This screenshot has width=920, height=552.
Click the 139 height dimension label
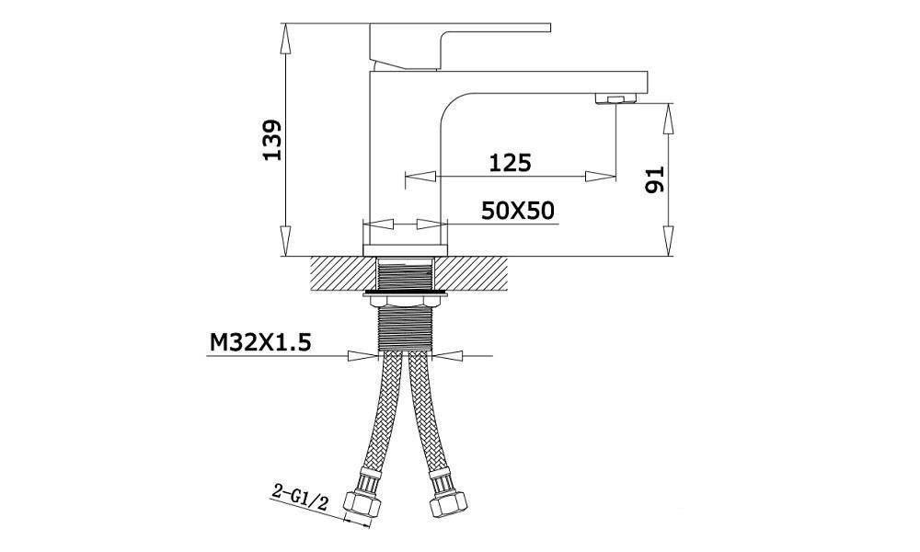(272, 140)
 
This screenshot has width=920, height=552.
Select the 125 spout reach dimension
(510, 163)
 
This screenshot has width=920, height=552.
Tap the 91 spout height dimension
(654, 178)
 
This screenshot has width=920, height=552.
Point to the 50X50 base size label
(517, 211)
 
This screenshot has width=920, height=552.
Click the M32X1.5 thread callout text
(260, 342)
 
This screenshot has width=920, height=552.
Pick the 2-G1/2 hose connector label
(300, 496)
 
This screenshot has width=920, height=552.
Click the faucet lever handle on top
(460, 46)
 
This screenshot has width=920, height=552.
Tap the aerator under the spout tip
(615, 98)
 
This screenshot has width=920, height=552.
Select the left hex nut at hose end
(361, 503)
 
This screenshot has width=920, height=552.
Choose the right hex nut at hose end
(449, 504)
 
